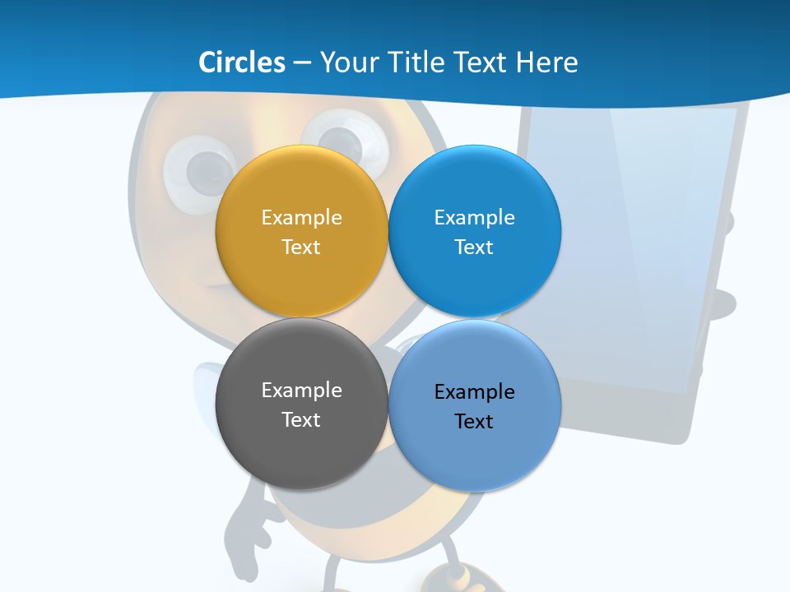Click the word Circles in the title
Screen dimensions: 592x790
[241, 62]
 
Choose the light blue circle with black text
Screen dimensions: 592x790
[475, 456]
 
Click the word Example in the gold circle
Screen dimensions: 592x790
[301, 218]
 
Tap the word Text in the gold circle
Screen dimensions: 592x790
[301, 247]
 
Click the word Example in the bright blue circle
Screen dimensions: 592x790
[475, 218]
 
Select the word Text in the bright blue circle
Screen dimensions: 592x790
[475, 247]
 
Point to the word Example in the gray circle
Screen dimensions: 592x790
[301, 391]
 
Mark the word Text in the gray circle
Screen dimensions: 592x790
[301, 420]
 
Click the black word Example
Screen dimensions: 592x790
[475, 392]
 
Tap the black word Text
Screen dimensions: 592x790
[475, 422]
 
